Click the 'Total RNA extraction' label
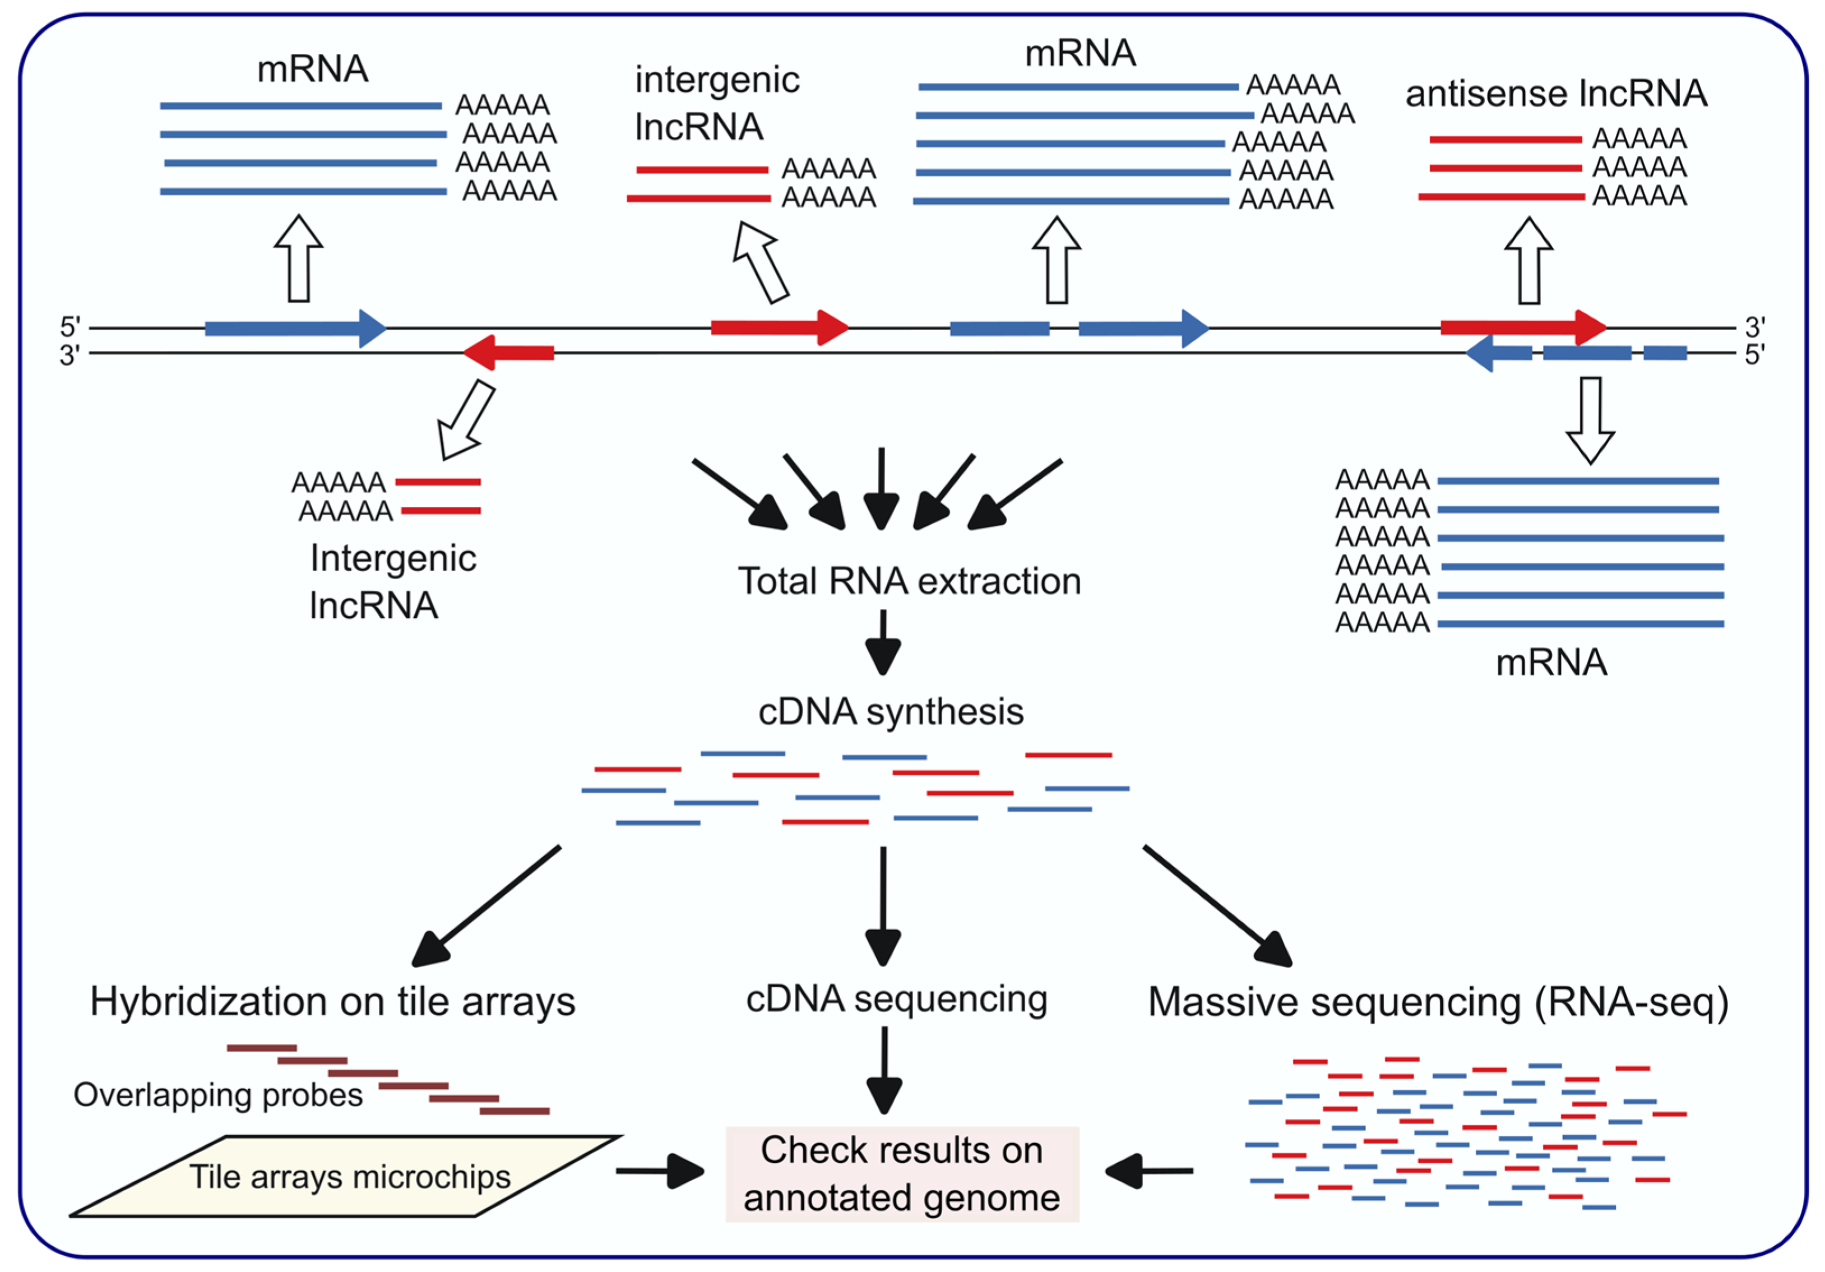(909, 581)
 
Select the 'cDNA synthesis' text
(890, 711)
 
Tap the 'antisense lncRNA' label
(1555, 94)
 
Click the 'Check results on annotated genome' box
(901, 1173)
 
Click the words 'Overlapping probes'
(218, 1095)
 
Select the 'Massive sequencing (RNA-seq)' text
(1438, 1002)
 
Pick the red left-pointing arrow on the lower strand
(509, 352)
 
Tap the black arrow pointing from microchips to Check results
(660, 1171)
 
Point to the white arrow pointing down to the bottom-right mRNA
(1590, 420)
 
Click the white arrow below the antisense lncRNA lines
(1528, 261)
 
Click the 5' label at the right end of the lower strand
(1754, 354)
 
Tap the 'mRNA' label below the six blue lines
(1551, 662)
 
